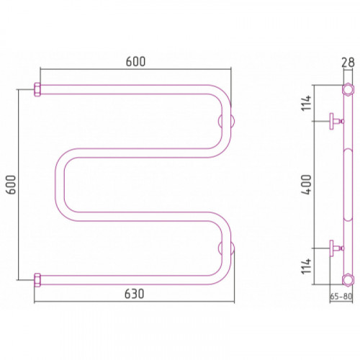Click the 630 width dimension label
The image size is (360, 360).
(134, 294)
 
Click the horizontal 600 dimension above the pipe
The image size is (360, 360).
(135, 62)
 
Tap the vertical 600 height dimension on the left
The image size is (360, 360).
(11, 184)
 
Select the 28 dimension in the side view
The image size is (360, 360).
(348, 63)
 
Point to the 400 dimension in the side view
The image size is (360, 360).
(306, 184)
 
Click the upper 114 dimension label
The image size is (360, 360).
(307, 103)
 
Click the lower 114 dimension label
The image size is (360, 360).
(307, 266)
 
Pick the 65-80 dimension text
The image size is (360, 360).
(341, 297)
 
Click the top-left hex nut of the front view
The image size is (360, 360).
(37, 89)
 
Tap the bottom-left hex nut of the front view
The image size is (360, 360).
(37, 280)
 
